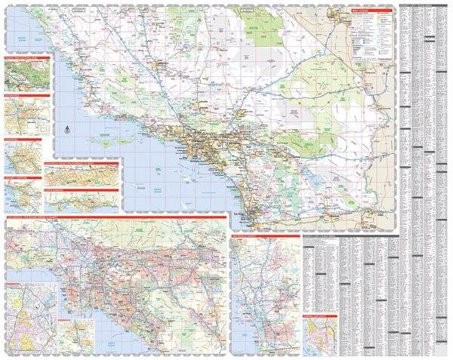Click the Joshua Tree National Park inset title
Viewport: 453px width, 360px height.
26,57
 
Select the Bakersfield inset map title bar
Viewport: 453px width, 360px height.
26,96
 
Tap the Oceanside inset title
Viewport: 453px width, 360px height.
23,140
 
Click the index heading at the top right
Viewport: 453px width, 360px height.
423,8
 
